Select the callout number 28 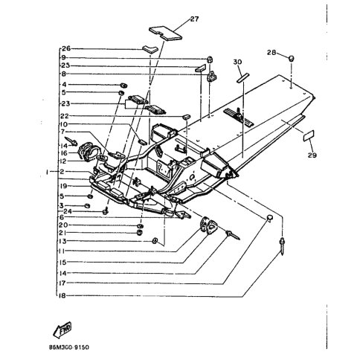(272, 53)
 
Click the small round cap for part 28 (292, 56)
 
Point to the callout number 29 (312, 155)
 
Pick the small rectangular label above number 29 (308, 136)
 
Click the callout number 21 (64, 233)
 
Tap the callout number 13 (64, 242)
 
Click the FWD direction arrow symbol (64, 328)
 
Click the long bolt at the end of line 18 (283, 245)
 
